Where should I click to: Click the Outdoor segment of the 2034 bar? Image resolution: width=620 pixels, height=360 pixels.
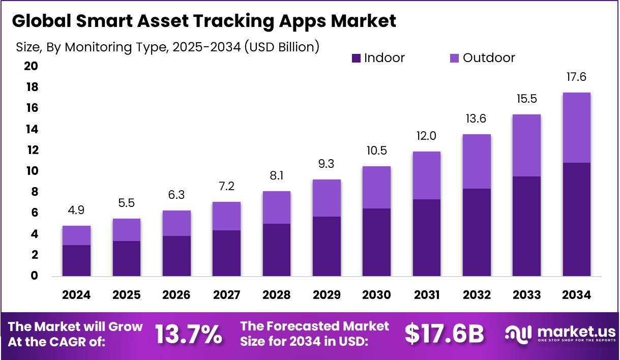576,128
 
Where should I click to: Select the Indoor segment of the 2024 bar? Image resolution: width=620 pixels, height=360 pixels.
76,260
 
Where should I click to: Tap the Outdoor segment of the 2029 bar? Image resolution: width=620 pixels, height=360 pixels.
327,198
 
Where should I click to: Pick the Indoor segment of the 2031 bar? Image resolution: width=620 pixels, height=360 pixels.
426,237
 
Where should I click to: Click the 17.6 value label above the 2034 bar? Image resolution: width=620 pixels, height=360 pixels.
576,77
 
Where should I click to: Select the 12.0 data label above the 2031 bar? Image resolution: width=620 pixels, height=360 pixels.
426,136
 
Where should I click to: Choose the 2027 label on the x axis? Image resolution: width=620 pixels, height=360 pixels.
226,295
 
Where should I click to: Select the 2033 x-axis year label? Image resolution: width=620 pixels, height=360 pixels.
526,295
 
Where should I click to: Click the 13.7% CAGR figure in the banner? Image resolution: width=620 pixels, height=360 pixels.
188,334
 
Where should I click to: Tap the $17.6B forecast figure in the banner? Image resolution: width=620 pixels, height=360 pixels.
444,334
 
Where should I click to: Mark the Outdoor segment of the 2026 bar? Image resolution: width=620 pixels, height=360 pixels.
176,223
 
